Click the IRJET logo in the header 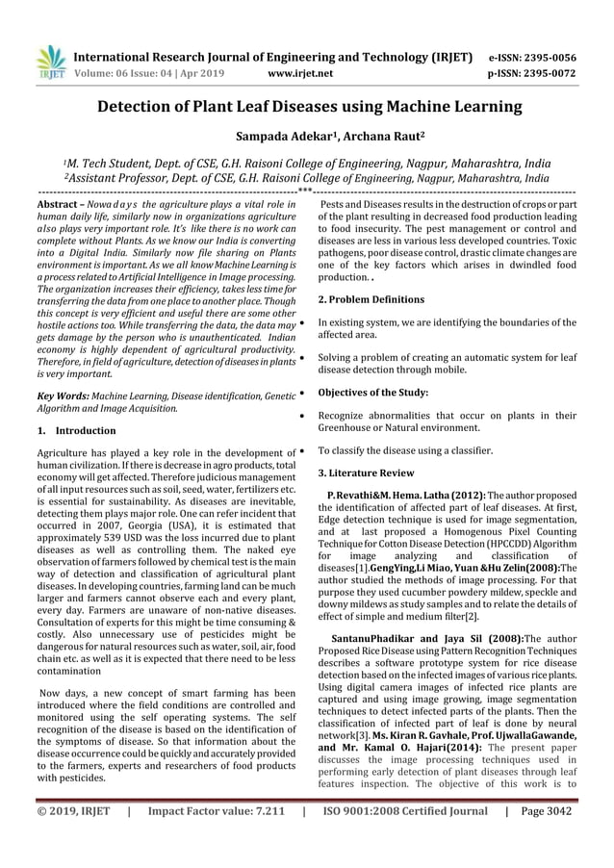pyautogui.click(x=49, y=60)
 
